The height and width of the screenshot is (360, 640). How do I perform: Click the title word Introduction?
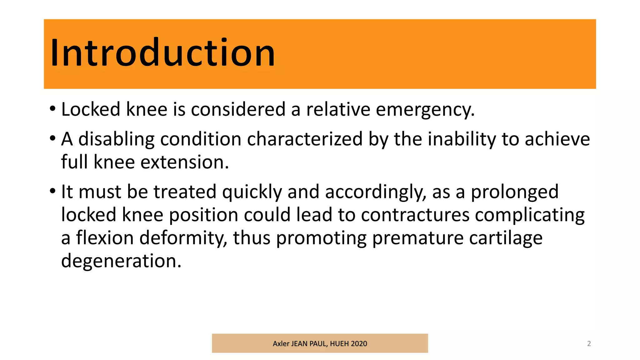[162, 52]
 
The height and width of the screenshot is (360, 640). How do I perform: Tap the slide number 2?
[589, 343]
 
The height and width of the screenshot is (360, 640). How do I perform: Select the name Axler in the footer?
[281, 343]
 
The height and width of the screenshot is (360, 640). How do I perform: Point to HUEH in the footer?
[339, 343]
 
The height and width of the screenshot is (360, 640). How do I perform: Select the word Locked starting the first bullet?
[91, 109]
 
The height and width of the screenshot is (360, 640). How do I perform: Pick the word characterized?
[305, 139]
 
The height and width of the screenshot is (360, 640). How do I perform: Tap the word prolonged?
[514, 192]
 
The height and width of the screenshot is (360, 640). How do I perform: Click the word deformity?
[183, 238]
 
